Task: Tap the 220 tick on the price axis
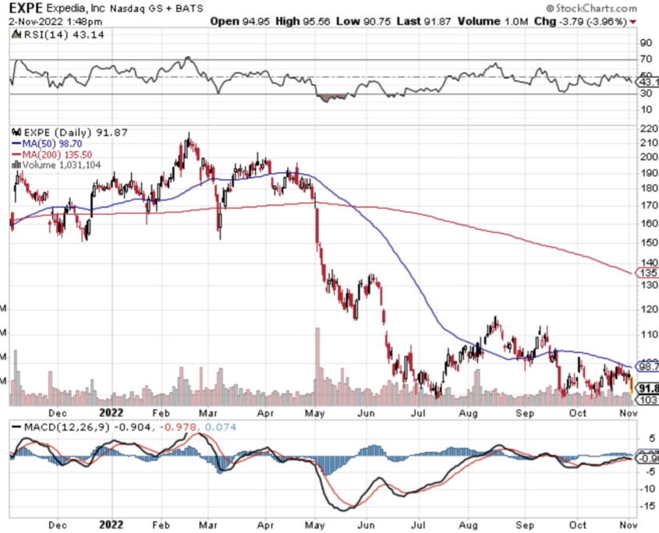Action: click(x=647, y=129)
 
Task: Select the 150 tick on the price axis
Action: click(x=647, y=242)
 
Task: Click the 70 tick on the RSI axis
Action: click(x=646, y=59)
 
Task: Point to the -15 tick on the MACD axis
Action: click(x=646, y=507)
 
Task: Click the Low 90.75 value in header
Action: click(x=367, y=21)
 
